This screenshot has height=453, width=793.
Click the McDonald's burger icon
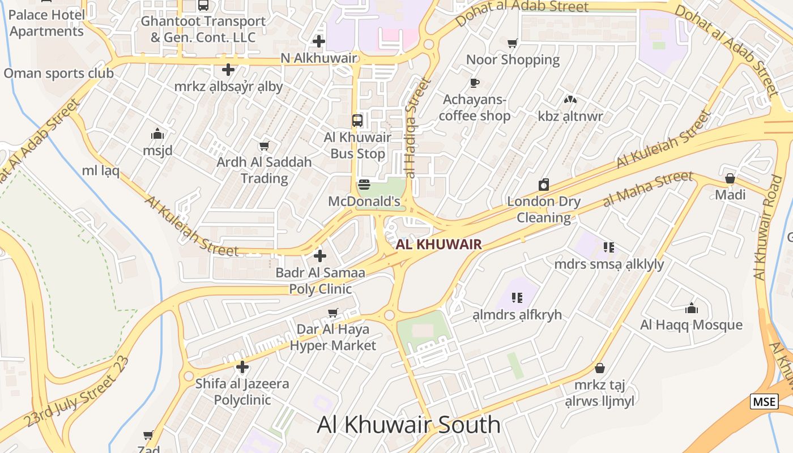[x=364, y=185]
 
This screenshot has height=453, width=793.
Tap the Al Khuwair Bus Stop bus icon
[x=357, y=120]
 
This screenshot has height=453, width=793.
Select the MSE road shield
[x=764, y=401]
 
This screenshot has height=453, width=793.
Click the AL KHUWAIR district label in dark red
[x=439, y=245]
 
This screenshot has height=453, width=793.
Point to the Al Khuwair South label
[x=408, y=425]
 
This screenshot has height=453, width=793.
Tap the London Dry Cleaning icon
[x=544, y=185]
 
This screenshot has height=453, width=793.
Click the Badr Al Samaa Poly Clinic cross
[x=320, y=256]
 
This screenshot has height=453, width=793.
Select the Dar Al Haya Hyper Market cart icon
[x=333, y=313]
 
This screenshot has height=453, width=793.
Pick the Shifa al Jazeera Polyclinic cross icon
[x=242, y=367]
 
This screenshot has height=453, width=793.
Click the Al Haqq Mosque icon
[x=691, y=308]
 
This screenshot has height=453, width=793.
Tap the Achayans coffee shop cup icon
[x=475, y=83]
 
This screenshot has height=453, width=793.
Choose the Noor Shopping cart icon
[x=513, y=43]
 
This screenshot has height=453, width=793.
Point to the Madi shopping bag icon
[x=730, y=178]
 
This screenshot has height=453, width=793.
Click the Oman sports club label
[x=58, y=73]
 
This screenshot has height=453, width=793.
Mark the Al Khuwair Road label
[x=769, y=226]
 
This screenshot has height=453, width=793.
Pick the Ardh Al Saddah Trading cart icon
[x=264, y=146]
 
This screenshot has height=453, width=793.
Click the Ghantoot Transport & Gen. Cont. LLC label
[x=203, y=29]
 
